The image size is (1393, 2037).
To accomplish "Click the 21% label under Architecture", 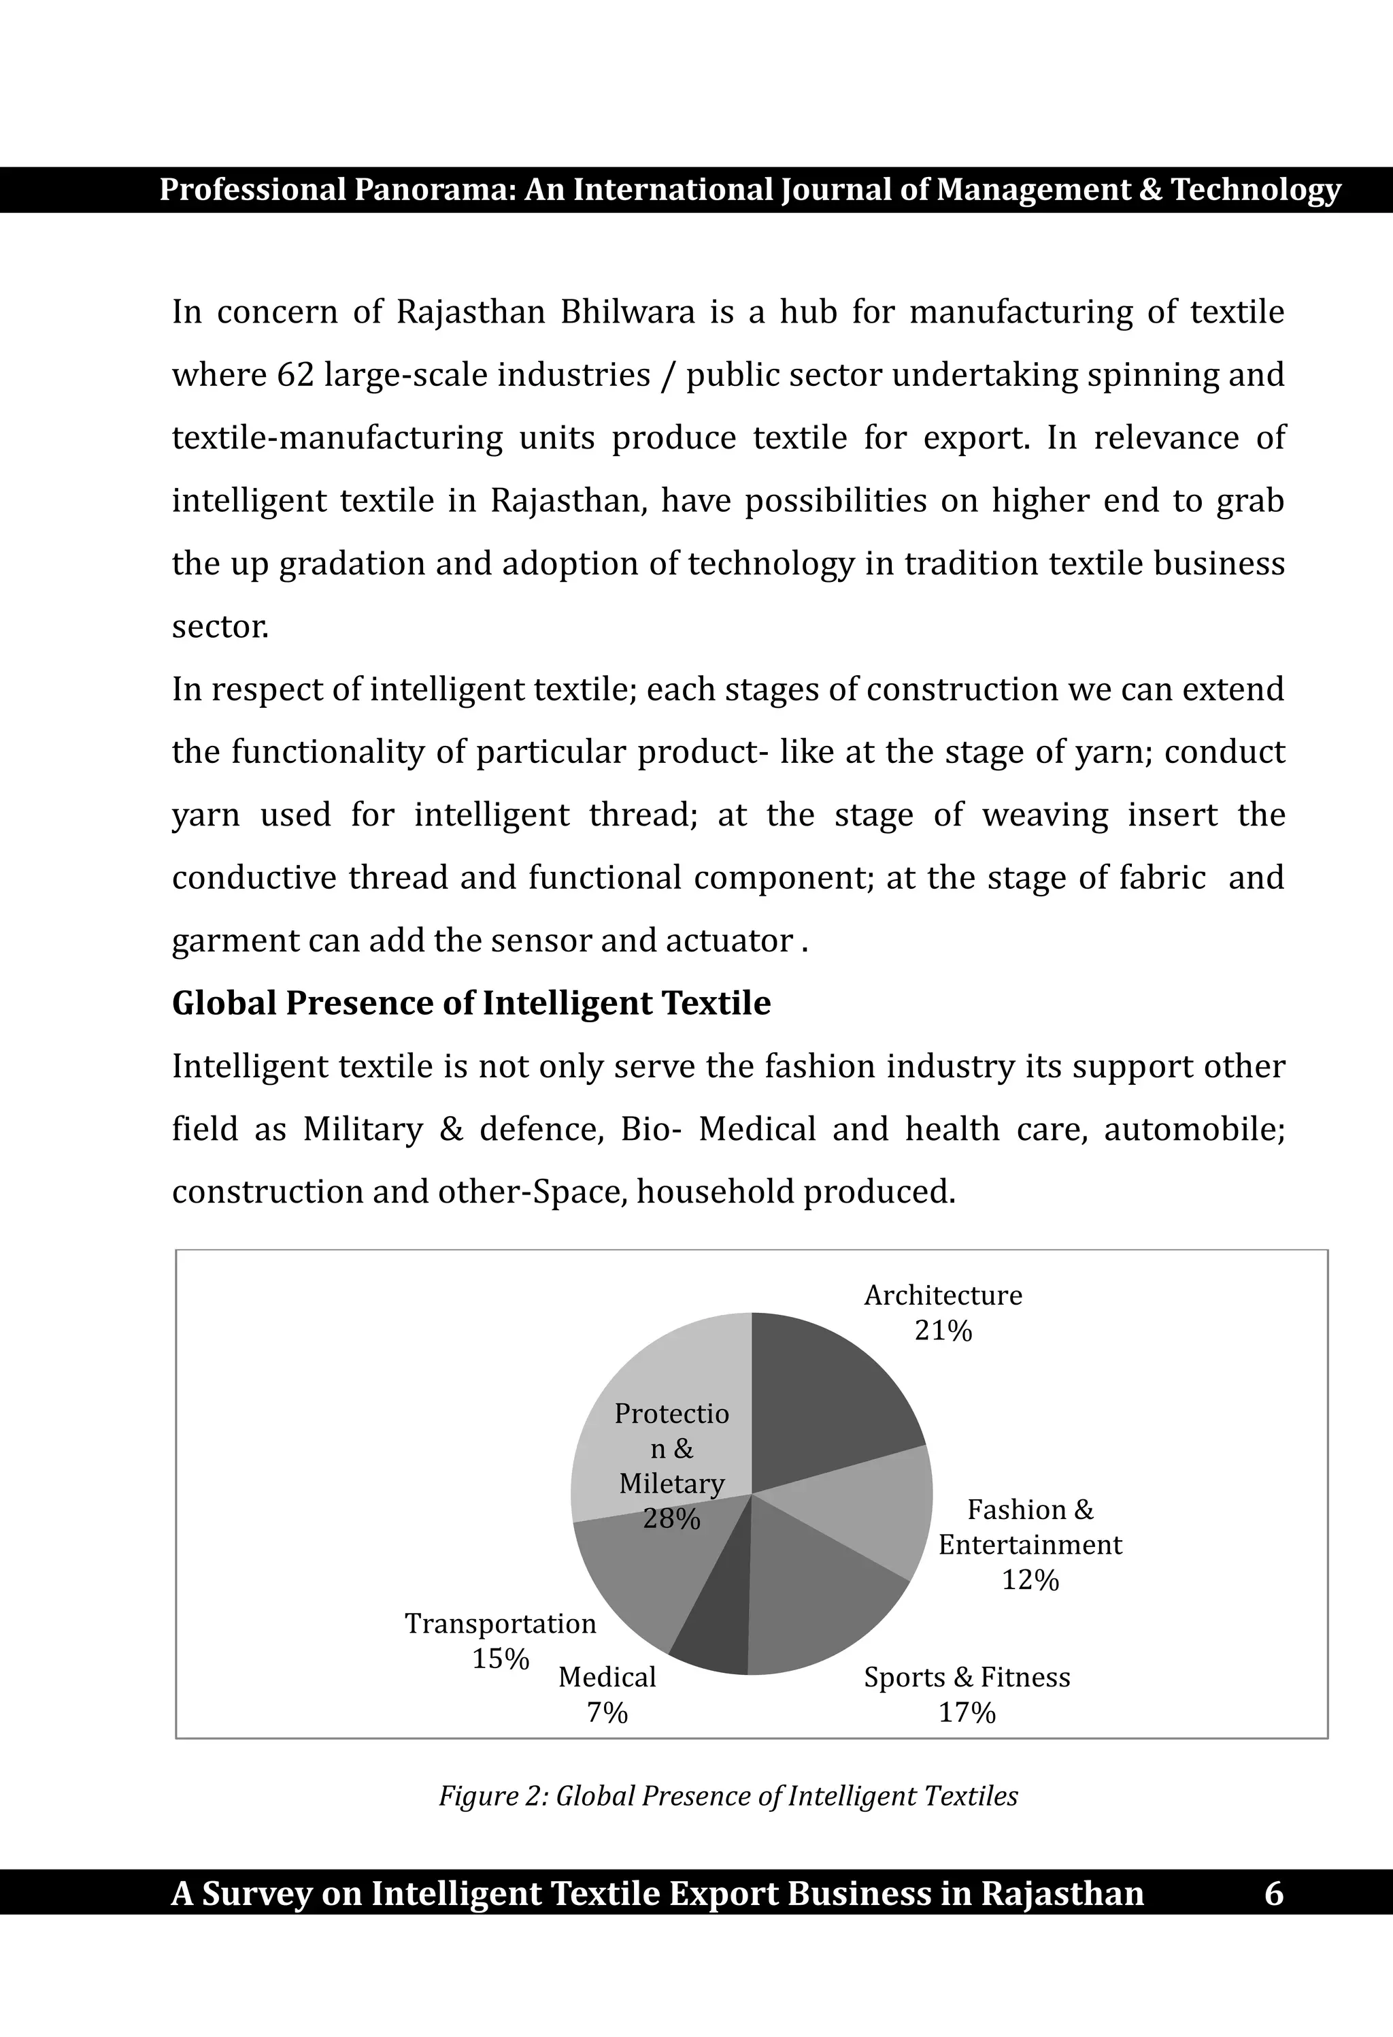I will [943, 1331].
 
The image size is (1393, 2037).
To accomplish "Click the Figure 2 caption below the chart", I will [728, 1796].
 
